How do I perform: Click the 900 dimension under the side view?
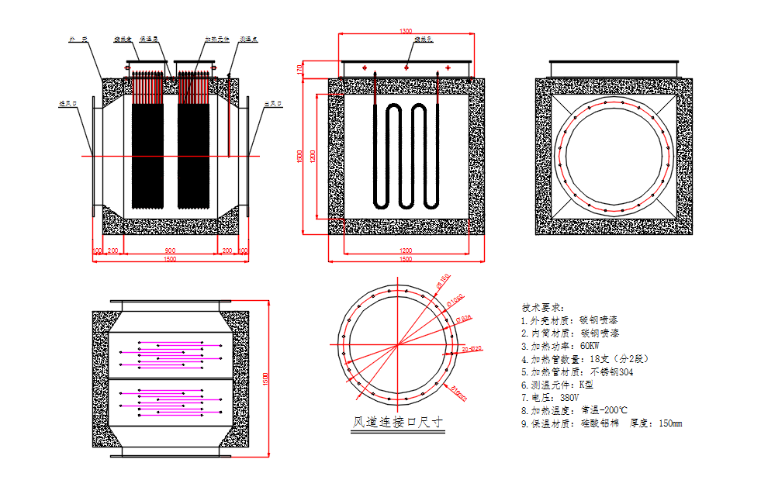pos(170,251)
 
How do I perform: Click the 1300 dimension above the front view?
pos(405,32)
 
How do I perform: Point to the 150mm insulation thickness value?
pos(670,423)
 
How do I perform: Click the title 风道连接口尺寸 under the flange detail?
pos(398,423)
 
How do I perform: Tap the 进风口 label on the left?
pos(68,102)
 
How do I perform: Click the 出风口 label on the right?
pos(272,102)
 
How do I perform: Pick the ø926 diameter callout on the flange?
pos(464,317)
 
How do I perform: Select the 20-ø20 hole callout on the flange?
pos(472,349)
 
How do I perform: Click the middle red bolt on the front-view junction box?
pos(406,68)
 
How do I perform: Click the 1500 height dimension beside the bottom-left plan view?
pos(265,379)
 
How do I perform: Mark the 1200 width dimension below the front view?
pos(405,251)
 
